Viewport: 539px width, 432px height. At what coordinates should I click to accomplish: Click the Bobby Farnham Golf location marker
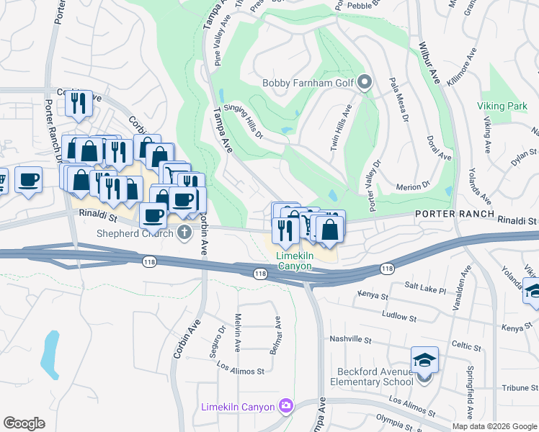[x=365, y=82]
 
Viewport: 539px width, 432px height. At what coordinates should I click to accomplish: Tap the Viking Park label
[x=502, y=106]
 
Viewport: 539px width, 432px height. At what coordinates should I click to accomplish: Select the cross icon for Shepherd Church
[x=184, y=233]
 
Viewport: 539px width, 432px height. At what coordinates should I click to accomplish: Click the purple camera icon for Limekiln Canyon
[x=286, y=407]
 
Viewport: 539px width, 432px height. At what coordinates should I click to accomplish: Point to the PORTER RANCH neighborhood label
[x=454, y=215]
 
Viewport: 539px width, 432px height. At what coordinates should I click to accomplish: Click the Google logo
[x=24, y=423]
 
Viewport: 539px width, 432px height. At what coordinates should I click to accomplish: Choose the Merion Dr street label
[x=413, y=187]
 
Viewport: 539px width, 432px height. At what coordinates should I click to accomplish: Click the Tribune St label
[x=517, y=387]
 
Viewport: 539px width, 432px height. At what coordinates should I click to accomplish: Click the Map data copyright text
[x=494, y=426]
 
